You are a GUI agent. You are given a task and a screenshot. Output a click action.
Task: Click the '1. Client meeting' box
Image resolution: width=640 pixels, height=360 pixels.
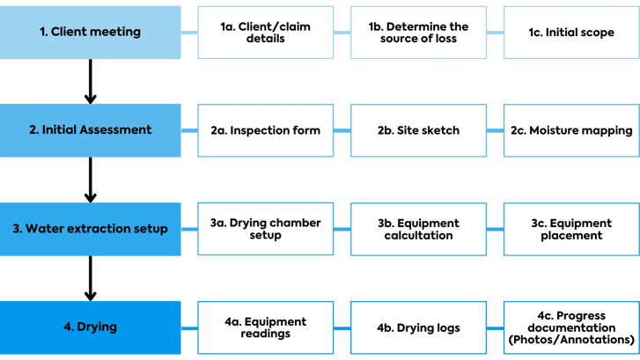point(91,33)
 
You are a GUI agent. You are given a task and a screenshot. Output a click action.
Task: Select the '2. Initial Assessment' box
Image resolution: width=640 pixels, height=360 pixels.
point(91,130)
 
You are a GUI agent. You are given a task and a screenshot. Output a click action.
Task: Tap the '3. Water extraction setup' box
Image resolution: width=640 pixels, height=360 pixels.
point(91,229)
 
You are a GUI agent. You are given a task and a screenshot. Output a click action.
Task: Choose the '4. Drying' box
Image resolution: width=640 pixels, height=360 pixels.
point(91,327)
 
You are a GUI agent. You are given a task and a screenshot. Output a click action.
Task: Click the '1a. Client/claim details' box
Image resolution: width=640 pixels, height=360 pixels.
point(265,33)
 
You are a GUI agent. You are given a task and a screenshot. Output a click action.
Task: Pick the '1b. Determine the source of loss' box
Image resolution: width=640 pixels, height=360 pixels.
point(418,33)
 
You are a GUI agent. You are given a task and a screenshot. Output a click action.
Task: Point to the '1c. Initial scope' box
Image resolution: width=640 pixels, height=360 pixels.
point(571,33)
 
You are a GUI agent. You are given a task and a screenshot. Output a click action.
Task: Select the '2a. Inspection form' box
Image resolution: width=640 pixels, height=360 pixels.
point(265,130)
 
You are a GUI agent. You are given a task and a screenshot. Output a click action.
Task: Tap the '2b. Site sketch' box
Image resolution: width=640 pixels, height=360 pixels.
point(418,130)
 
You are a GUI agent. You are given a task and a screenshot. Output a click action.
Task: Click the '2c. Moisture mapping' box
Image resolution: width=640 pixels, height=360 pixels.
point(571,130)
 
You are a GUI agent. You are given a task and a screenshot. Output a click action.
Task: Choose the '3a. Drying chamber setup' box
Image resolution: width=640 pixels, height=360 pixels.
point(265,229)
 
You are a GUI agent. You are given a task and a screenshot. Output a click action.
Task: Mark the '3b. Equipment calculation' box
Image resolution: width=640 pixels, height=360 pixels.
point(418,229)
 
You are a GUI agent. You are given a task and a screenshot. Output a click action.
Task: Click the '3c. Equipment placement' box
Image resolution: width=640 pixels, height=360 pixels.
point(571,229)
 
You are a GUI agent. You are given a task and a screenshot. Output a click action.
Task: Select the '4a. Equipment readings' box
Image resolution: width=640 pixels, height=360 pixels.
point(265,327)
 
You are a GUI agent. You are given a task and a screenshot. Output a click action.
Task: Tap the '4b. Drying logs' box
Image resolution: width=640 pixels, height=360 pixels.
point(418,327)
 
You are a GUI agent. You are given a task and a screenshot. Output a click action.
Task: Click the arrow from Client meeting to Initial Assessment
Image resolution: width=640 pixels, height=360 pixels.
point(90,81)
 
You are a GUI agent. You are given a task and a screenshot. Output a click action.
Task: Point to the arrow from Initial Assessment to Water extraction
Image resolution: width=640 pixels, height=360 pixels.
point(90,180)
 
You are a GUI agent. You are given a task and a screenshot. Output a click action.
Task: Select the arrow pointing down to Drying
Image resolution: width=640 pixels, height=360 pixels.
point(90,278)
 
